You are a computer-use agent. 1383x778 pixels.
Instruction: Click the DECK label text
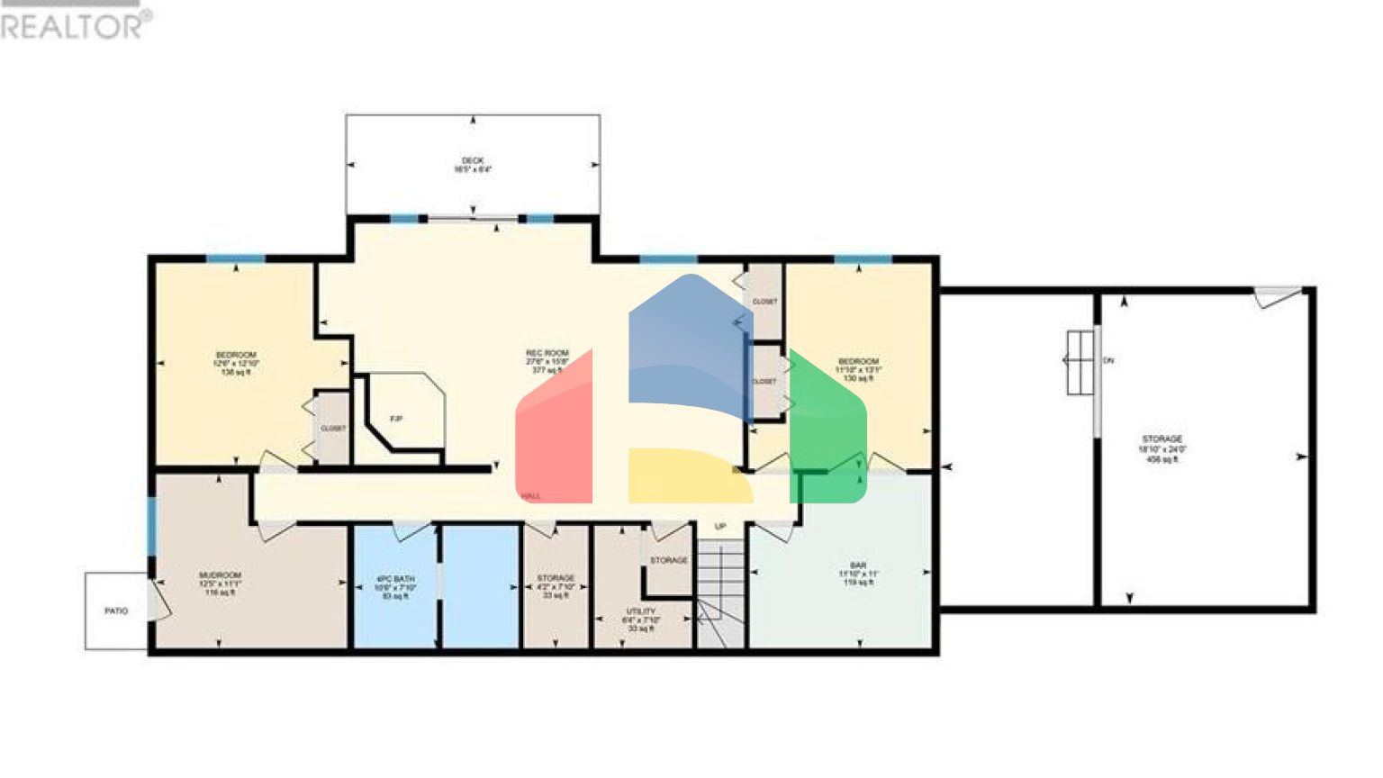[473, 160]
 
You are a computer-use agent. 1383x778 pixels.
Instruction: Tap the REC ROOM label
[547, 353]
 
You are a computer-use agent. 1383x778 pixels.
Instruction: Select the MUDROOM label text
[220, 574]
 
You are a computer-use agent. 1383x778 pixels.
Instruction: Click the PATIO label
[116, 611]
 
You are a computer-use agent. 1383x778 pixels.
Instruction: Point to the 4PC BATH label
[395, 579]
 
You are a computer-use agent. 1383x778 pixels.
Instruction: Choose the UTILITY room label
[641, 611]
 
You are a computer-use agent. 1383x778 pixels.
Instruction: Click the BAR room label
[858, 565]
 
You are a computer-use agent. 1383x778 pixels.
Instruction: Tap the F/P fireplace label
[396, 419]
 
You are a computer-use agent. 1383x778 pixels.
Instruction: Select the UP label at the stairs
[720, 527]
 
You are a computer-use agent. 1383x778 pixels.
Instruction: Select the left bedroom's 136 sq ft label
[236, 371]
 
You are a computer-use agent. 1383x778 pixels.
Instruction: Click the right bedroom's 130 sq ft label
[858, 378]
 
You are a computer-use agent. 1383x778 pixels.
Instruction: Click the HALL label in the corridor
[531, 496]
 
